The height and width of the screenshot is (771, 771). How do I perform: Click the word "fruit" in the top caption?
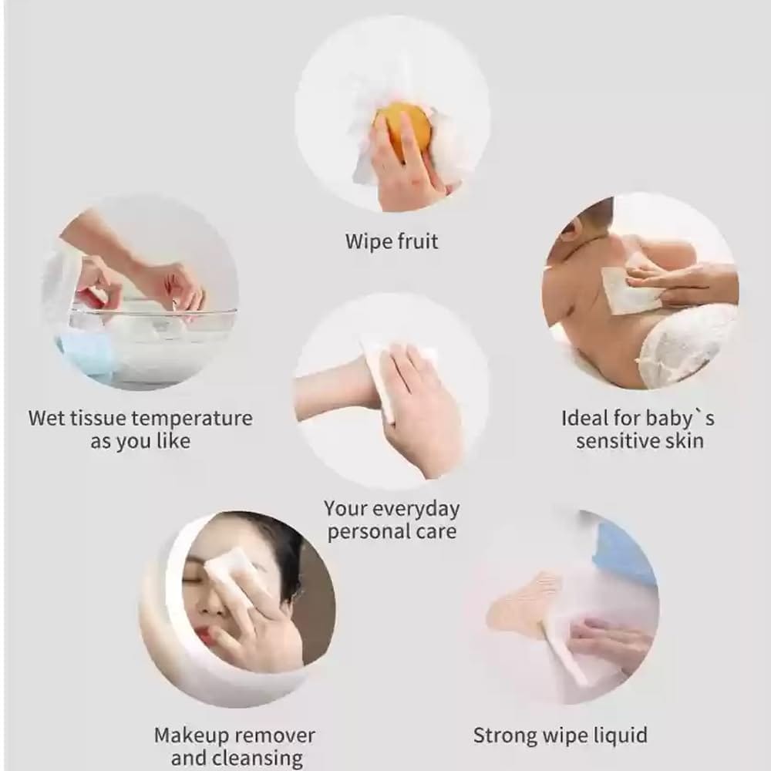pos(418,241)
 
